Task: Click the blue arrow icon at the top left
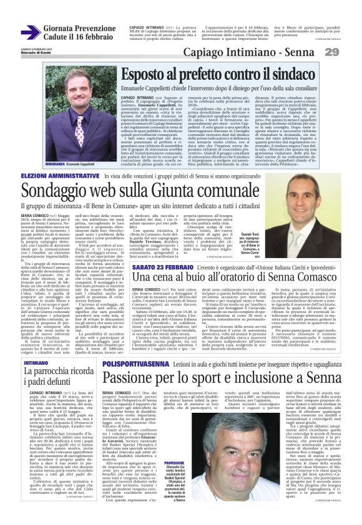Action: click(x=31, y=33)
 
